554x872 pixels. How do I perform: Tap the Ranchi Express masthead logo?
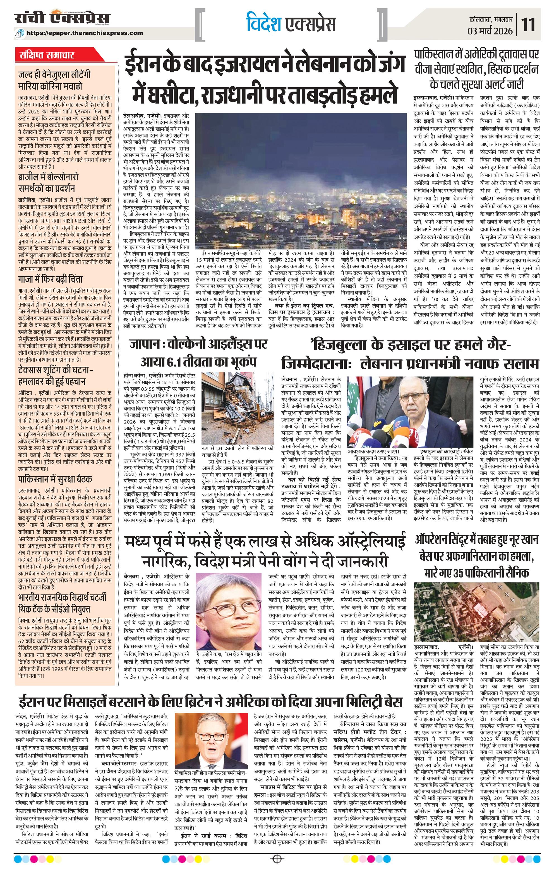(x=62, y=19)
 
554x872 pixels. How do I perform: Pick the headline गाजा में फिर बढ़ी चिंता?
(x=51, y=279)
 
